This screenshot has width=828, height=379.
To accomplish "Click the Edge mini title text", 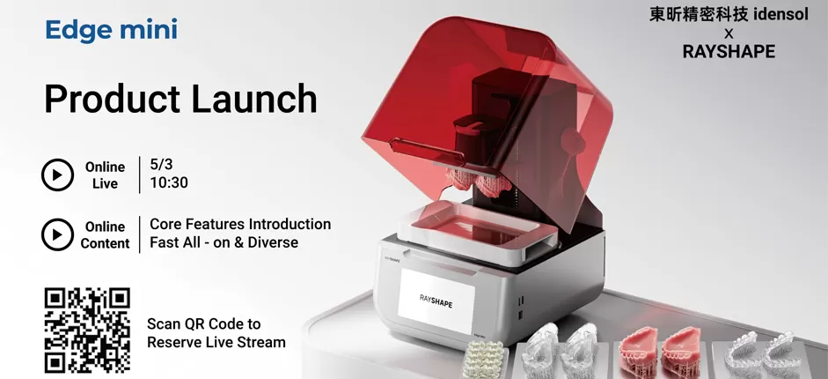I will coord(111,30).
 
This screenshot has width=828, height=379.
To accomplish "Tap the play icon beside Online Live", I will coord(57,175).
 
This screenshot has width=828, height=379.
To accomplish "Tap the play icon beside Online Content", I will coord(57,234).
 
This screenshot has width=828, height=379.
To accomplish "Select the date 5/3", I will coord(161,165).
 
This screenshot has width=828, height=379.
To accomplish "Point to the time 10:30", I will coord(169,183).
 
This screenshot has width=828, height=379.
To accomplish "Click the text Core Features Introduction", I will coord(240,224).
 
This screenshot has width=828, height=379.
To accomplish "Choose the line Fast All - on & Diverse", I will coord(223,242).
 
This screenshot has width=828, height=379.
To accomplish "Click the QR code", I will coord(87,330).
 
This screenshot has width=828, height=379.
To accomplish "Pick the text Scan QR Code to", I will coord(203,323).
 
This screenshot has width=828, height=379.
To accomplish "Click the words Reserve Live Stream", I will coord(216,342).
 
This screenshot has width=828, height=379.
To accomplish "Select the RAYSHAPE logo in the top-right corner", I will coord(729,52).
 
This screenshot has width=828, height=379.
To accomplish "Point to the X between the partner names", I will coord(729,33).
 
